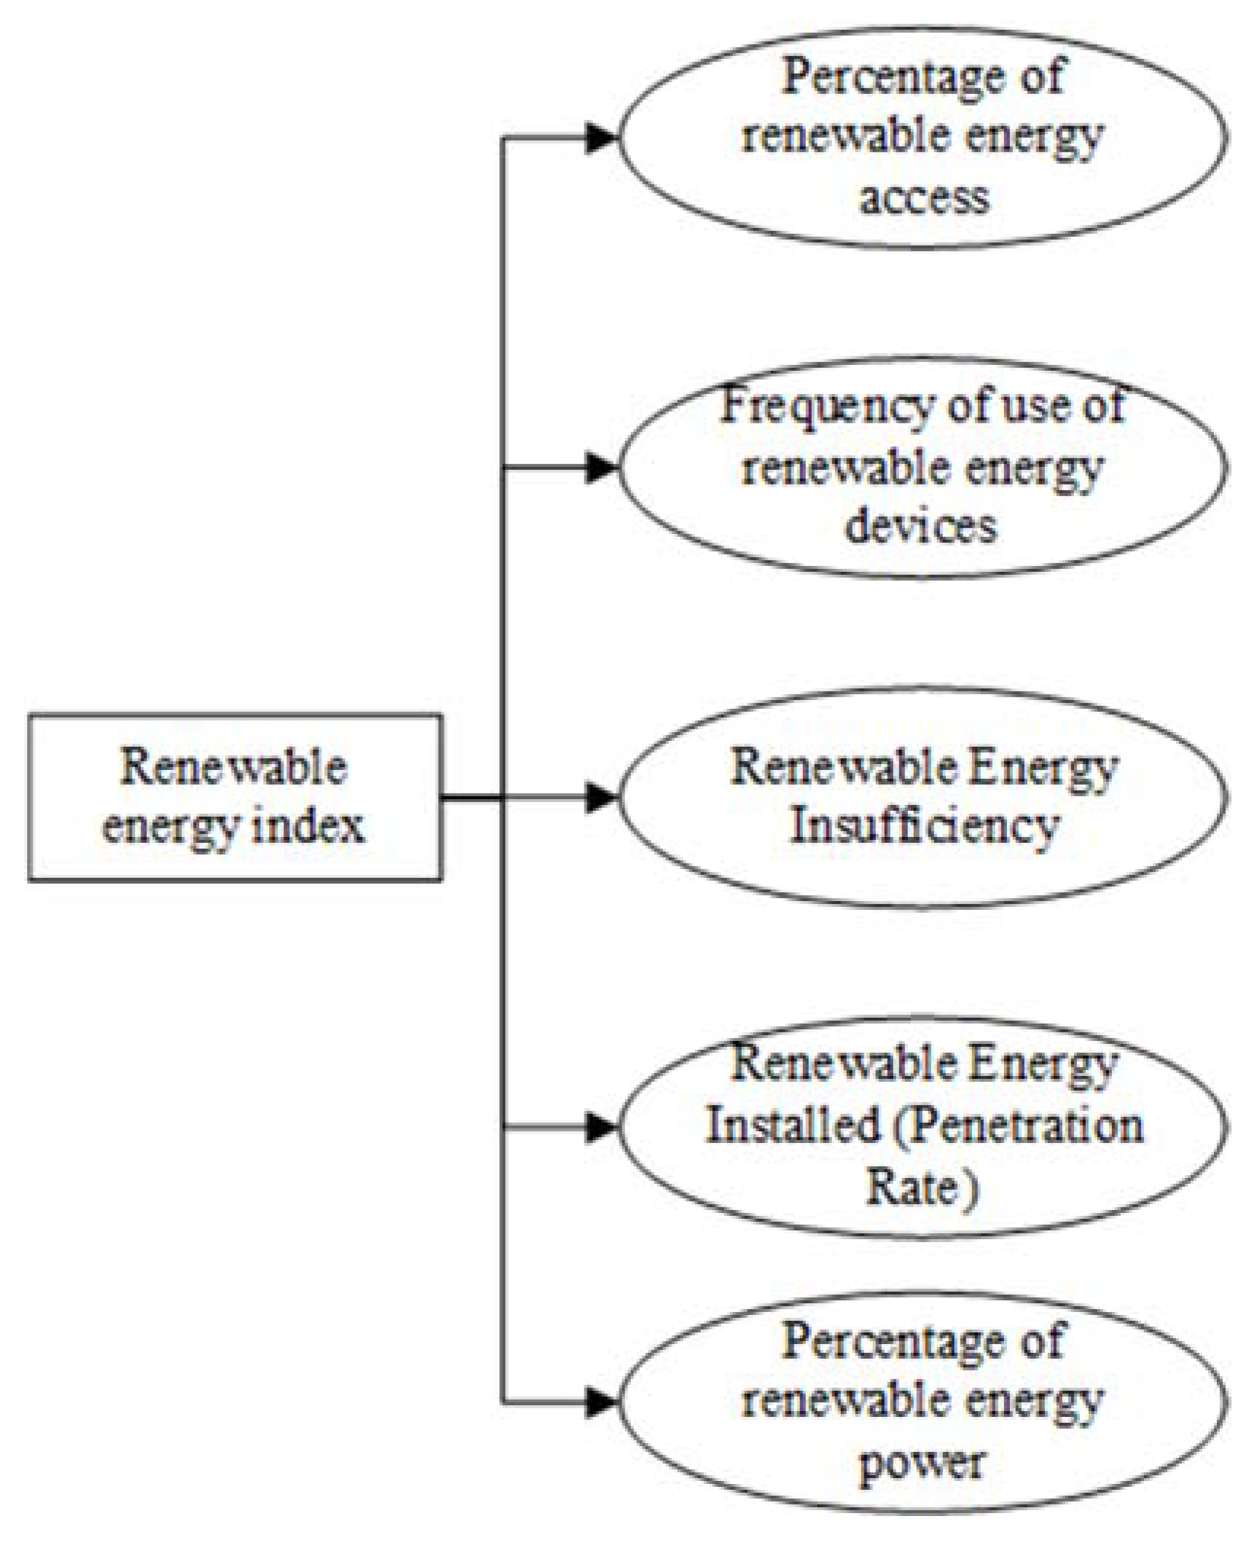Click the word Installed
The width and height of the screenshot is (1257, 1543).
[791, 1126]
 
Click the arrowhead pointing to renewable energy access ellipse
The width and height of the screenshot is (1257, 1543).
[601, 138]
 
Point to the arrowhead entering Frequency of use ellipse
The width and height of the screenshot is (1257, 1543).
[601, 468]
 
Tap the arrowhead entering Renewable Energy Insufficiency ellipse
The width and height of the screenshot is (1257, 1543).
[601, 797]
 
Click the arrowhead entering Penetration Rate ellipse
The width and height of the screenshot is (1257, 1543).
[601, 1127]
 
